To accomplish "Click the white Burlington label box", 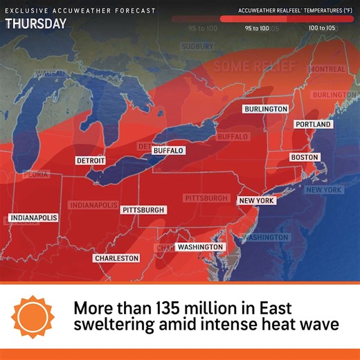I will pos(266,109).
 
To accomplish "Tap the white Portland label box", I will pos(313,125).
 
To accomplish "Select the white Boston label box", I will pos(305,158).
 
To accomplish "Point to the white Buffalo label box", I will pos(168,150).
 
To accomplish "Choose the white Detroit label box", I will pos(91,161).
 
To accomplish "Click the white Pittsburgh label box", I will pos(143,210).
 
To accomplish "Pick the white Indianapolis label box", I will pos(34,217).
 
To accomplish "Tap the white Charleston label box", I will pos(116,258).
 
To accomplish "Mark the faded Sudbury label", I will pos(197,46).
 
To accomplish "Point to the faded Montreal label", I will pos(327,70).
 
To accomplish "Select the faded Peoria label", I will pos(35,175).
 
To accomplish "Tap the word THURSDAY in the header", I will pos(36,24).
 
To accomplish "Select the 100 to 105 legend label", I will pos(322,28).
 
